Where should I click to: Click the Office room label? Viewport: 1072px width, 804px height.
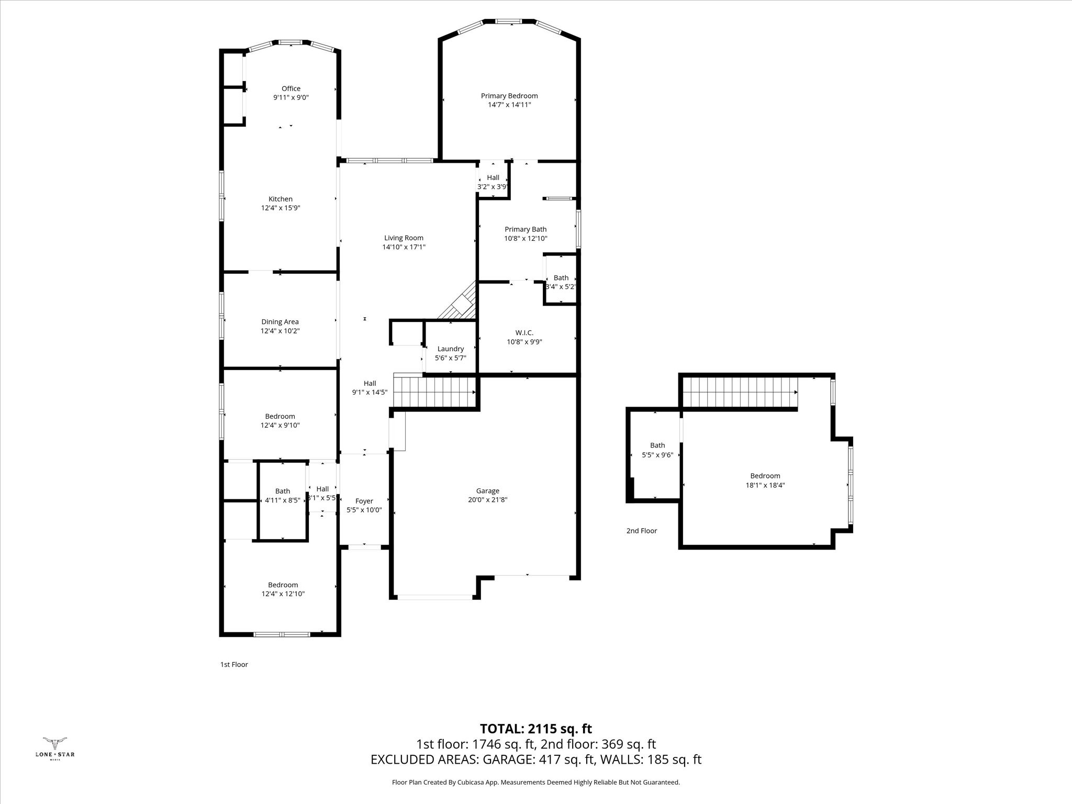click(291, 88)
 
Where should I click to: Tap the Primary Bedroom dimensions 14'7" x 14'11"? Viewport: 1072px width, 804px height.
click(509, 105)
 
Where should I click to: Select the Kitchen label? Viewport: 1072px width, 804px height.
click(281, 199)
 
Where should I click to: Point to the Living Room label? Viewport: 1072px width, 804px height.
click(404, 238)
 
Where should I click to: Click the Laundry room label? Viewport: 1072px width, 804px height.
click(450, 349)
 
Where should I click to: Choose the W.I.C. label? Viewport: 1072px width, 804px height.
click(524, 333)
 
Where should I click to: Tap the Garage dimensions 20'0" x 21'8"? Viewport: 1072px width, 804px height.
click(487, 499)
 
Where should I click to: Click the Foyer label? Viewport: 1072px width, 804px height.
click(364, 501)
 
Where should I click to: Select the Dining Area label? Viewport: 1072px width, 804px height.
click(280, 322)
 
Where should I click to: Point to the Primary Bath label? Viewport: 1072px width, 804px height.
click(526, 229)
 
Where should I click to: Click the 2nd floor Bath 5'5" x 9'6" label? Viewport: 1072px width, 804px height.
click(657, 445)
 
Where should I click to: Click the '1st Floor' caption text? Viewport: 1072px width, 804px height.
click(234, 664)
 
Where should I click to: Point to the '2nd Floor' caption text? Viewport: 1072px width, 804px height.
click(642, 531)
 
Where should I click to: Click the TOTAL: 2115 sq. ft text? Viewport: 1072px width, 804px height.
click(536, 729)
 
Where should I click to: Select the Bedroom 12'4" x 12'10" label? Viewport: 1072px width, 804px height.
click(283, 585)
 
